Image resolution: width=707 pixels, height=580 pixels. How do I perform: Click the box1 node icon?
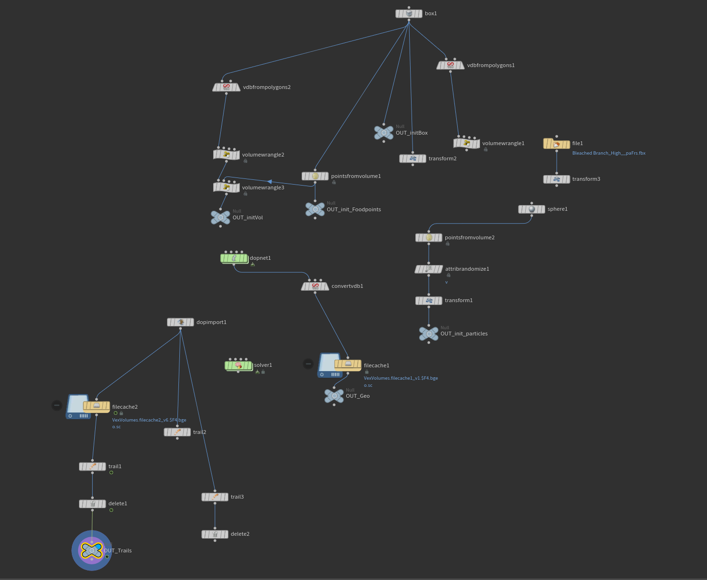pyautogui.click(x=409, y=14)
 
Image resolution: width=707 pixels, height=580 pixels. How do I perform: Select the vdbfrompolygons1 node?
pyautogui.click(x=451, y=65)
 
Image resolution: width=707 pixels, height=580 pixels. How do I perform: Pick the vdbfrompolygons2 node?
pyautogui.click(x=226, y=87)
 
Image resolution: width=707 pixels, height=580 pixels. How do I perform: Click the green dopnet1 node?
pyautogui.click(x=234, y=258)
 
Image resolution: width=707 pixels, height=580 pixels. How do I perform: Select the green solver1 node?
pyautogui.click(x=238, y=365)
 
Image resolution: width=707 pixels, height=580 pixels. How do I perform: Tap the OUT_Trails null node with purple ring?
pyautogui.click(x=92, y=551)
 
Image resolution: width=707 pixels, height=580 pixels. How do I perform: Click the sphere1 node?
pyautogui.click(x=531, y=209)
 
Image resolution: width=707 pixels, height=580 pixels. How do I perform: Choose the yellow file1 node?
pyautogui.click(x=557, y=144)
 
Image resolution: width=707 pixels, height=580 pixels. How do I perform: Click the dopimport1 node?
pyautogui.click(x=180, y=322)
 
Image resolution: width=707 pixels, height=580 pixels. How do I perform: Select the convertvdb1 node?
pyautogui.click(x=315, y=286)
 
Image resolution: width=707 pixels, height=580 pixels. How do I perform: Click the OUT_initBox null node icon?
pyautogui.click(x=384, y=133)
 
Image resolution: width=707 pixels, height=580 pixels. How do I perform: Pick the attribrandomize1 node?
pyautogui.click(x=429, y=269)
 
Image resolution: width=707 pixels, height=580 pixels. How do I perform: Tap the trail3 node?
pyautogui.click(x=215, y=497)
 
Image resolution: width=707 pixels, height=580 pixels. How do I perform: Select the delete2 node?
pyautogui.click(x=215, y=534)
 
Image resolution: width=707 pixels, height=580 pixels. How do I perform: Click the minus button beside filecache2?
pyautogui.click(x=57, y=405)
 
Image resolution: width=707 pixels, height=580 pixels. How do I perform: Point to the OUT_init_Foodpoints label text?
pyautogui.click(x=353, y=209)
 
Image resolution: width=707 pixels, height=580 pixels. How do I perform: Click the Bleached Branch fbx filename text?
pyautogui.click(x=609, y=153)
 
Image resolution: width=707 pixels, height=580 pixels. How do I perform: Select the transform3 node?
pyautogui.click(x=557, y=179)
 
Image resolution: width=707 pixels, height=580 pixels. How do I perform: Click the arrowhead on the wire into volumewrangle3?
pyautogui.click(x=270, y=182)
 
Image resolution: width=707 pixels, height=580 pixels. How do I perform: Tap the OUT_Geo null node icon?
pyautogui.click(x=334, y=396)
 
